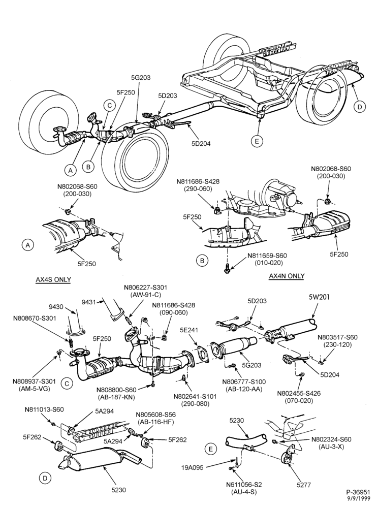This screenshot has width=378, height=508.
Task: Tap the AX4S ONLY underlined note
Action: pos(53,279)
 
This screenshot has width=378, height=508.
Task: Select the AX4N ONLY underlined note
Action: pos(287,276)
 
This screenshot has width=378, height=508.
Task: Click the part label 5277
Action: pos(303,485)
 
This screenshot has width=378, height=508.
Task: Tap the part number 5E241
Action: pos(189,331)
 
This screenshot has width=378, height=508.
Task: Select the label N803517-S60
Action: pos(337,337)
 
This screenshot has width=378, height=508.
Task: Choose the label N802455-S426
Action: pos(299,393)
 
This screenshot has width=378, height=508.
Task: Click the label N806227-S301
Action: pos(146,288)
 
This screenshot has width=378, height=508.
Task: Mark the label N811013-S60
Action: pos(44,409)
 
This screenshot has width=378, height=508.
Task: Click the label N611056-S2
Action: pos(244,485)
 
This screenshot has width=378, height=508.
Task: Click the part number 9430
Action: pos(56,306)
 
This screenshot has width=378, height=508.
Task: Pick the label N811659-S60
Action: pos(267,256)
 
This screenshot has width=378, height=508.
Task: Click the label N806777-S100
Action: pos(244,382)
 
